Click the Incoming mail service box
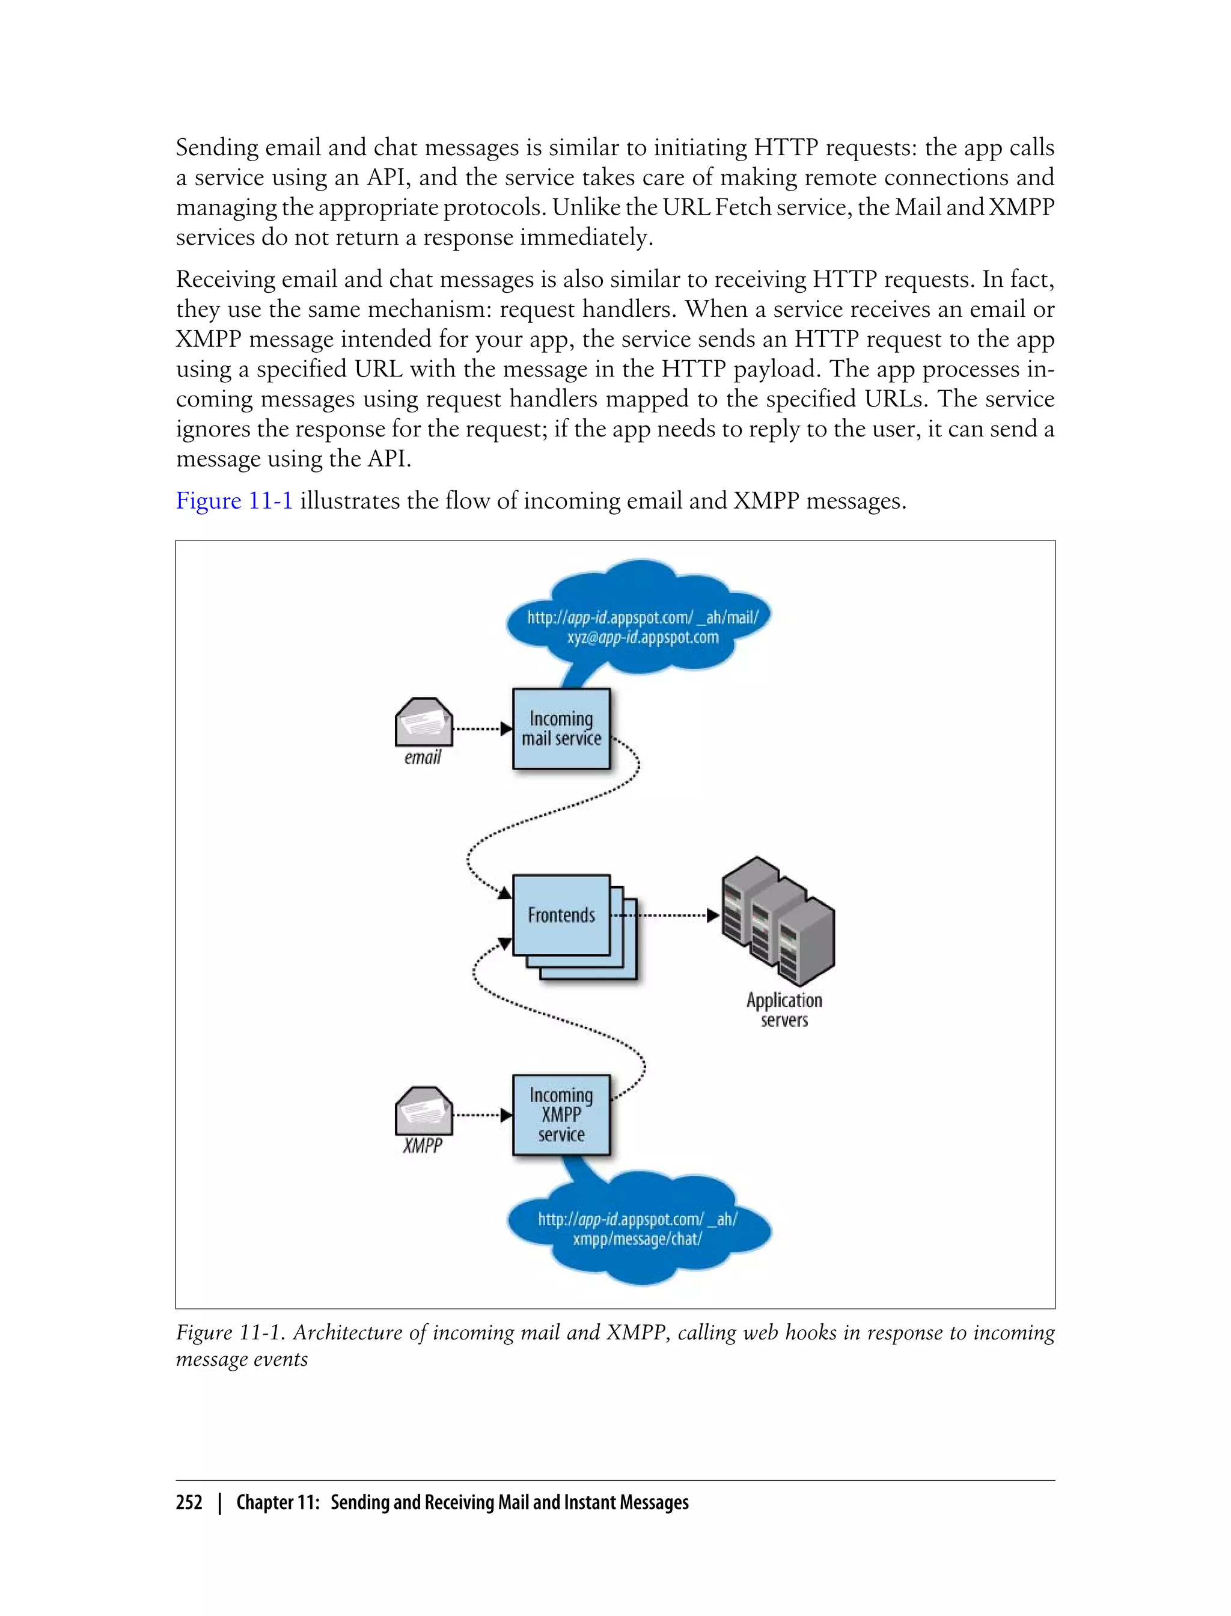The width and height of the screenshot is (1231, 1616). tap(561, 729)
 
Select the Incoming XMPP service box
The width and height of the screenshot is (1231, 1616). tap(561, 1115)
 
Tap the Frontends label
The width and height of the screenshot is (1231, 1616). tap(561, 916)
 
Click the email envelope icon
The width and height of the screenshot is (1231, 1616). tap(424, 723)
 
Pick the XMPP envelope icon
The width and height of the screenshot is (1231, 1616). tap(424, 1110)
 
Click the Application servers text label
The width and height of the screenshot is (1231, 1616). tap(784, 1010)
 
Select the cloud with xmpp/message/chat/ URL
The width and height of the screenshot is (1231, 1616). tap(638, 1229)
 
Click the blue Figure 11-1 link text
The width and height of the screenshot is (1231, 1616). tap(234, 501)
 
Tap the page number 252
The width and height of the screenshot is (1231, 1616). tap(189, 1502)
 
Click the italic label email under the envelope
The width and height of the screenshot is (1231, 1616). tap(423, 757)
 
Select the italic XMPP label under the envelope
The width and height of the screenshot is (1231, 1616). tap(423, 1145)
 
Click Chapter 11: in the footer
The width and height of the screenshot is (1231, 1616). tap(278, 1502)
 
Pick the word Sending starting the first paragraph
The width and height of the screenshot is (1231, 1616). tap(217, 148)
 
